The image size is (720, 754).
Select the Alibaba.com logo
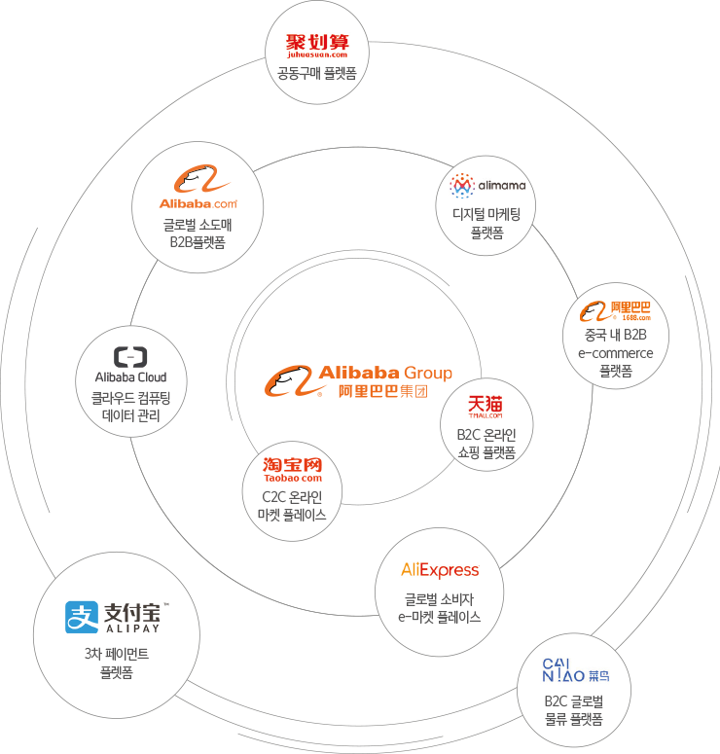click(198, 191)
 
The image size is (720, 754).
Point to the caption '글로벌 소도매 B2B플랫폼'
click(198, 233)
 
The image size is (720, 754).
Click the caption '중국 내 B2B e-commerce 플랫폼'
click(615, 353)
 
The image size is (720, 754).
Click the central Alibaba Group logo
click(358, 380)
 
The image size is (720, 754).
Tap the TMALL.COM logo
click(486, 407)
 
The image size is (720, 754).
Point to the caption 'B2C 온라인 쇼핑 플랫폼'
click(486, 443)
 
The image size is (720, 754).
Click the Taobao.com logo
click(292, 469)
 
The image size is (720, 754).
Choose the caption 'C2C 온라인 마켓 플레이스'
click(292, 506)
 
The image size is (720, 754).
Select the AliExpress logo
click(440, 569)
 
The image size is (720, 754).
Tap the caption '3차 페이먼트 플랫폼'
click(116, 663)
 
